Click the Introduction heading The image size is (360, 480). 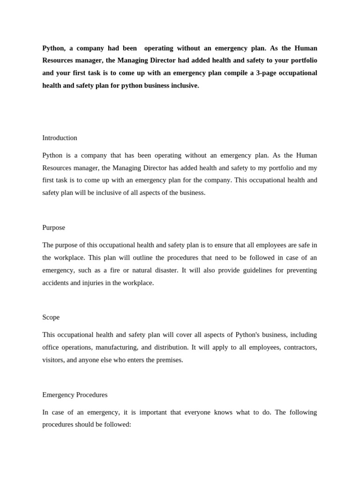click(60, 138)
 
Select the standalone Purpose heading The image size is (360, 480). click(53, 227)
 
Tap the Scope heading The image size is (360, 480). click(51, 317)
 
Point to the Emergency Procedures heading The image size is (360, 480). click(75, 395)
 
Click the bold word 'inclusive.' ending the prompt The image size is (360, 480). click(185, 86)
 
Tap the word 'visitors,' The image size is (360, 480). click(53, 360)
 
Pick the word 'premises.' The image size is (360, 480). click(168, 360)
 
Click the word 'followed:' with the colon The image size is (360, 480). click(117, 425)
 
